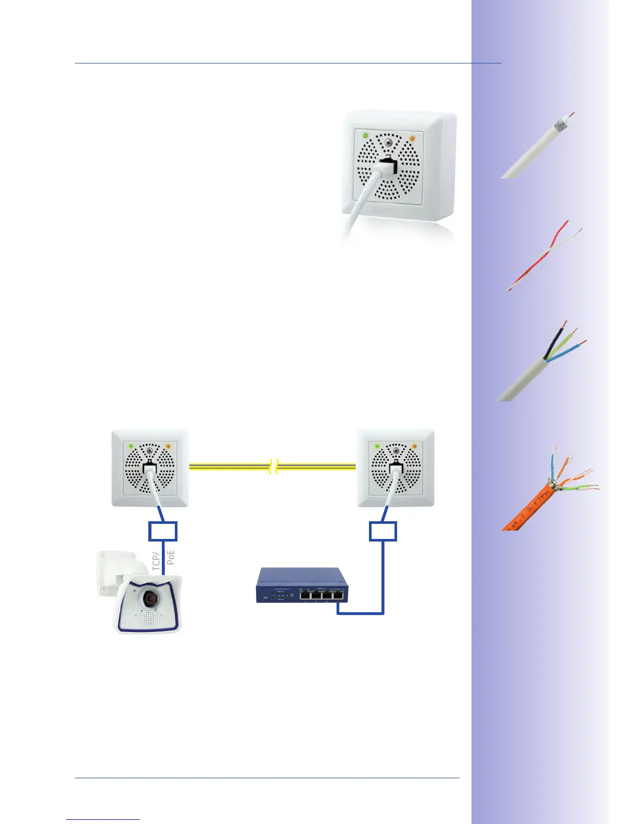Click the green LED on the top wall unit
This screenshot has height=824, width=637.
(x=365, y=136)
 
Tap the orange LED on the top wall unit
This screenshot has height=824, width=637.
(x=412, y=138)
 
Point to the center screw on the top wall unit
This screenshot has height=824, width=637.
(x=388, y=140)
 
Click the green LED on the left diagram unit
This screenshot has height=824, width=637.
(x=131, y=446)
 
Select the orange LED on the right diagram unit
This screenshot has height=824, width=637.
(x=414, y=446)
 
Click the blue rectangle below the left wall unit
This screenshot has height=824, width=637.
(x=163, y=531)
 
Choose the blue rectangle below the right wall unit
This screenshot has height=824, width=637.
(x=383, y=531)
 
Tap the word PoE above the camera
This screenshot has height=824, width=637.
(x=171, y=557)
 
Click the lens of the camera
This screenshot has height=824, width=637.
(x=150, y=599)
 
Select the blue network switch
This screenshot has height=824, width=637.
(x=302, y=585)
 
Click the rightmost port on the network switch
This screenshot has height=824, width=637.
(x=339, y=595)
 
